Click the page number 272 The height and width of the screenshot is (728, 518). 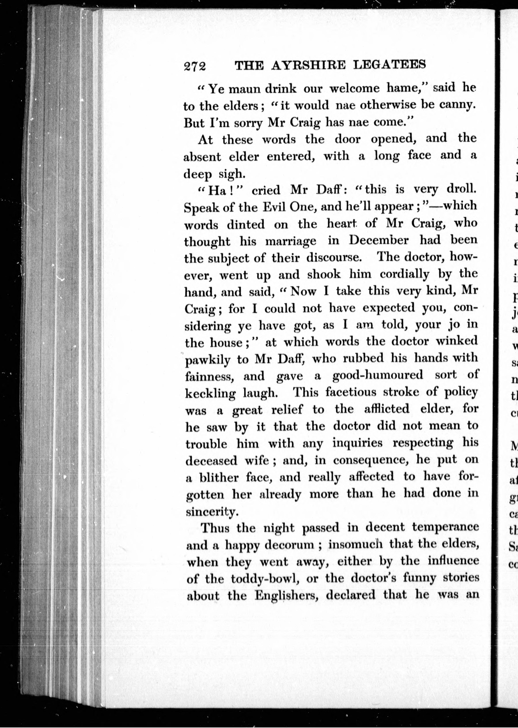click(x=194, y=66)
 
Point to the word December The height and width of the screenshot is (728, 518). click(x=378, y=240)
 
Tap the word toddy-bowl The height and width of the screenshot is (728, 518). click(x=265, y=578)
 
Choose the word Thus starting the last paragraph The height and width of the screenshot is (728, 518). click(x=215, y=528)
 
